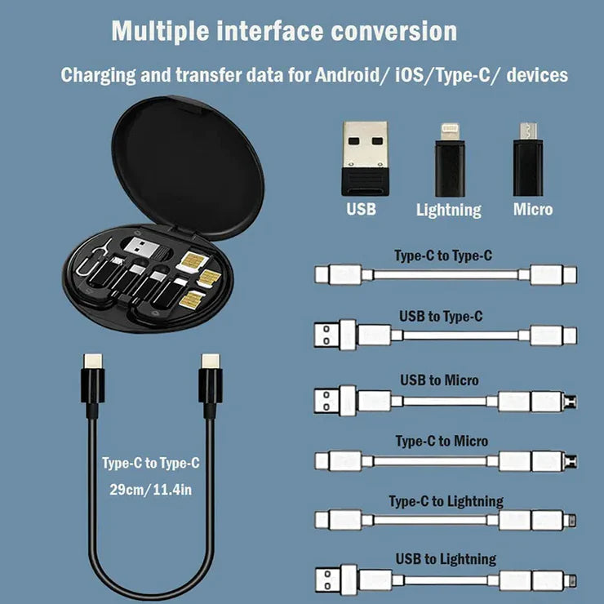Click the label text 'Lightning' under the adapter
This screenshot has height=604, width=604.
coord(448,210)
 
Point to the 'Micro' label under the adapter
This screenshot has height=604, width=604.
coord(532,209)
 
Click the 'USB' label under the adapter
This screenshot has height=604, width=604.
coord(361,209)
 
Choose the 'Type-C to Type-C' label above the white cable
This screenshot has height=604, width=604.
coord(443,255)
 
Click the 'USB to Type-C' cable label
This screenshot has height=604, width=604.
coord(441,316)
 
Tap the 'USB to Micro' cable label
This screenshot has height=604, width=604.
coord(439,380)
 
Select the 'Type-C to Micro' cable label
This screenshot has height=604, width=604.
coord(442,441)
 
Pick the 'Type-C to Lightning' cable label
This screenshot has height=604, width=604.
coord(446,500)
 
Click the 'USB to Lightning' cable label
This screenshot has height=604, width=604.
coord(446,559)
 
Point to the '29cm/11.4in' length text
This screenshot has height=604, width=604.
coord(151,491)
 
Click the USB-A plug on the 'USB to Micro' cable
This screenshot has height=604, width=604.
coord(329,401)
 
